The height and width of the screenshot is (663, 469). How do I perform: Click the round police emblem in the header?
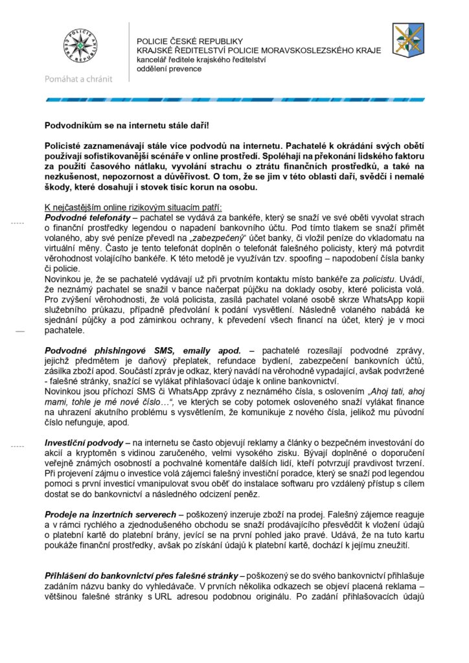coord(78,47)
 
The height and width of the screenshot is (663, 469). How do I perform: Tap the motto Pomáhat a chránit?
coord(78,79)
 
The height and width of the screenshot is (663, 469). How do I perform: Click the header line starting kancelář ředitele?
coord(201,60)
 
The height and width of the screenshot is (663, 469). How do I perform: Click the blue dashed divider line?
coord(234,100)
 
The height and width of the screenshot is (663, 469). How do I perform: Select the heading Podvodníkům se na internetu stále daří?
coord(128,124)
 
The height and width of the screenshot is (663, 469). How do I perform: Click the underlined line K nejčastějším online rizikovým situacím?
coord(133,207)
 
